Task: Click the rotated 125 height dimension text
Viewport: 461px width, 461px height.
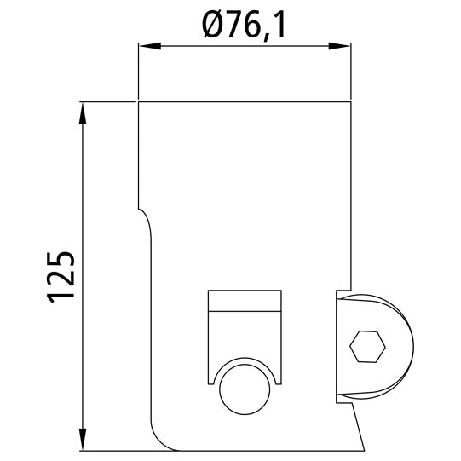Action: click(x=61, y=275)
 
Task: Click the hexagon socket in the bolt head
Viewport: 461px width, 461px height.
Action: click(x=367, y=346)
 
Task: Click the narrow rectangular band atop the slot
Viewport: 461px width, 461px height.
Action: click(x=245, y=301)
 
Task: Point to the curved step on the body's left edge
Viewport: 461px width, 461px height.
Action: click(x=146, y=216)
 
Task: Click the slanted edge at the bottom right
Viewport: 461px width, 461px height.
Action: click(x=360, y=426)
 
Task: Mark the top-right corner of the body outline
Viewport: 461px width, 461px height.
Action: click(x=352, y=102)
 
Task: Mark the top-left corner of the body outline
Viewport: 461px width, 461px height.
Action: click(x=137, y=102)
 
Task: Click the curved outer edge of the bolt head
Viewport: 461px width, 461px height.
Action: click(x=412, y=345)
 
